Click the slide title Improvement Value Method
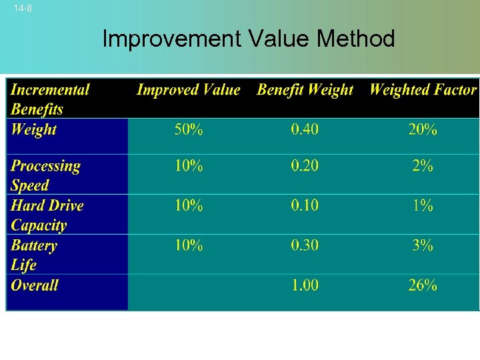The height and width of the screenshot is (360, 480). point(248,39)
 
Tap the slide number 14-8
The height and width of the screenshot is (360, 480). point(23,9)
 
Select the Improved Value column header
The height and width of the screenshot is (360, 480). point(188,90)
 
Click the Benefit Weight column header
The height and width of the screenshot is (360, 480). point(305,90)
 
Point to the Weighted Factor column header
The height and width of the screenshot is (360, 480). point(423,90)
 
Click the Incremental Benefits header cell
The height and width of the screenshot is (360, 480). point(50,99)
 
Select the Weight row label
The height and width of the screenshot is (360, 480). point(34,129)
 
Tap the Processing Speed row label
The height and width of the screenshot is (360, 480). point(45,175)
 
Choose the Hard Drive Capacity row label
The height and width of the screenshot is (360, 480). point(47,215)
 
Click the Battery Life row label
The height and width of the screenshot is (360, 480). point(34,255)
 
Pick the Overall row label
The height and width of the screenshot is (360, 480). point(35,285)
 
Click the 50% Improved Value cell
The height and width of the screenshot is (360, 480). point(188,129)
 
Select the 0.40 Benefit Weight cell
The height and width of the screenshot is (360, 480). point(304,129)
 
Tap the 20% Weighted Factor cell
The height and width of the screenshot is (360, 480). point(423,129)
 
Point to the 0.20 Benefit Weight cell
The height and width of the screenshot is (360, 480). point(304,166)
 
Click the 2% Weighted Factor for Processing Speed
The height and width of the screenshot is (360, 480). point(423,166)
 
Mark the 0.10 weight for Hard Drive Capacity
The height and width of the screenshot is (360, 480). point(304,205)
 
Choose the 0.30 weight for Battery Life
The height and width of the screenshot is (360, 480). point(304,245)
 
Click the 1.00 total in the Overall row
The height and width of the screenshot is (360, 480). point(305,285)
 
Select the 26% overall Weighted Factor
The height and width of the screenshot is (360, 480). point(423,285)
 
